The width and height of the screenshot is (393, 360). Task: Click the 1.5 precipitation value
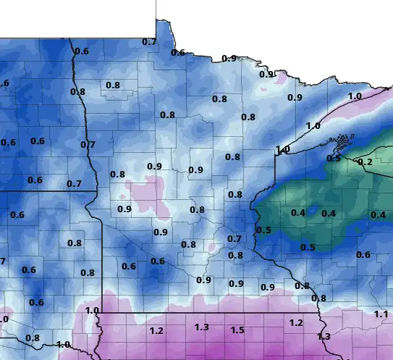[237, 330]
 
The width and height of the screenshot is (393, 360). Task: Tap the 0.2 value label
[365, 162]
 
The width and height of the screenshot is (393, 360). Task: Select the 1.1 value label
[381, 314]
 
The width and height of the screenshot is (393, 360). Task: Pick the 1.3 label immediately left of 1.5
[202, 327]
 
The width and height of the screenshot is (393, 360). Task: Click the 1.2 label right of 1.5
[295, 322]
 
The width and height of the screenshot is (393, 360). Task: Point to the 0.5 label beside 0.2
[334, 158]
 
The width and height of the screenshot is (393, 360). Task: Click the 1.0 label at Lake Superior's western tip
[282, 150]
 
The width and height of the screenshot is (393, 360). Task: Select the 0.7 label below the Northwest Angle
[149, 42]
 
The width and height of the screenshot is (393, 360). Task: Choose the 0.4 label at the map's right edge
[378, 215]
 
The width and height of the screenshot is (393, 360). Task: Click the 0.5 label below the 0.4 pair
[308, 248]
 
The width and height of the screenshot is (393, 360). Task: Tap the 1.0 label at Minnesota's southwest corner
[92, 311]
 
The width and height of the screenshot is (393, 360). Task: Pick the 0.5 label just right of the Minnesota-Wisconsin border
[263, 230]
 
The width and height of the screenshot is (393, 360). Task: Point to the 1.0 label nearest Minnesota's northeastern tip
[355, 96]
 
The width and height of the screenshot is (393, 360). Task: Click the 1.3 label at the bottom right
[324, 337]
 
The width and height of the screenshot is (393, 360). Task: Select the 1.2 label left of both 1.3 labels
[156, 331]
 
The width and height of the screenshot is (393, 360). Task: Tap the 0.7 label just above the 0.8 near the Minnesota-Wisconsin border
[234, 239]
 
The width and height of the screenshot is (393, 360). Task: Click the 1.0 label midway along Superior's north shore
[313, 126]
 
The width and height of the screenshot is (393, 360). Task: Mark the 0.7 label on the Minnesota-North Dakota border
[88, 145]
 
